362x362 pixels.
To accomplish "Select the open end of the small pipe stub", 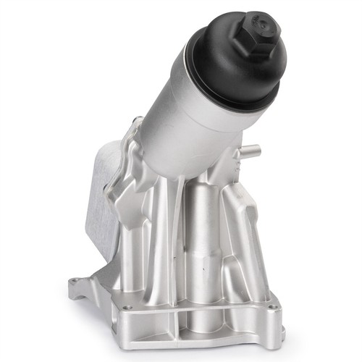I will tap(254, 153).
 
